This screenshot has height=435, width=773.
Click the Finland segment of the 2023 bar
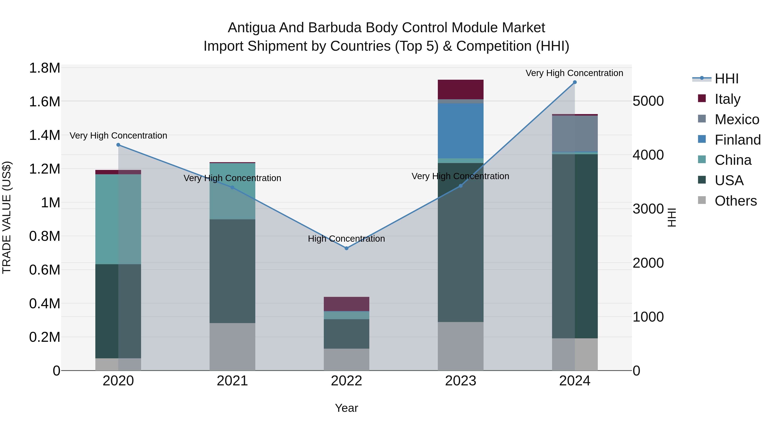(460, 131)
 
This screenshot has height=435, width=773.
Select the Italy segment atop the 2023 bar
(460, 89)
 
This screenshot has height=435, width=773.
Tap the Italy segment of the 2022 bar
(346, 304)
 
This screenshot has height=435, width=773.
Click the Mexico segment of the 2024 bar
(575, 134)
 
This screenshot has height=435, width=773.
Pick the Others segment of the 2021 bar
(232, 346)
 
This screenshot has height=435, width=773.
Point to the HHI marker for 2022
(346, 248)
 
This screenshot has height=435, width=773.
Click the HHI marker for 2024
(575, 82)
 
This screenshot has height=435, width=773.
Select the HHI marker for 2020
(118, 145)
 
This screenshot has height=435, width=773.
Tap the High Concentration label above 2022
(346, 239)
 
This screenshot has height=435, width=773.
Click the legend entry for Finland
(737, 140)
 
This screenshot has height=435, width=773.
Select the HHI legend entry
(726, 79)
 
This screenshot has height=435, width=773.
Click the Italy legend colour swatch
(702, 98)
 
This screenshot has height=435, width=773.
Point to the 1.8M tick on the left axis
(44, 68)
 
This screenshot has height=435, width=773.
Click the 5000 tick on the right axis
(648, 101)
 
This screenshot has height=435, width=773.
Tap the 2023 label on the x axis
(460, 381)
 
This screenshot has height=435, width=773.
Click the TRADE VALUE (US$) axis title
(7, 217)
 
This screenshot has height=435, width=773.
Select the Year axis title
(346, 408)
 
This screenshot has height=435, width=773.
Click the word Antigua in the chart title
(251, 28)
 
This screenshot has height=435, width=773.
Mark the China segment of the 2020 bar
(118, 219)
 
